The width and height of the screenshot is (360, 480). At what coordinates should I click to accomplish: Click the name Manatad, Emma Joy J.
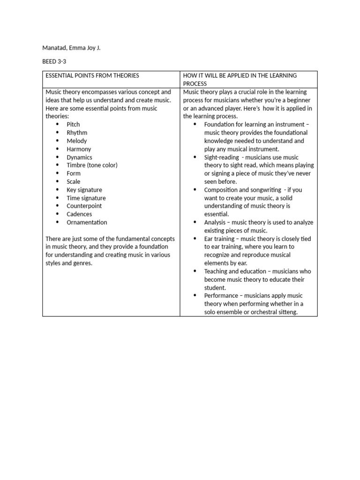click(x=71, y=48)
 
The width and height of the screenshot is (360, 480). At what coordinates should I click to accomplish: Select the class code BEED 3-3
click(x=55, y=61)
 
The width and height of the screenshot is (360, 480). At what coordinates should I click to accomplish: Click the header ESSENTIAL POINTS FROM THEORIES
click(x=92, y=75)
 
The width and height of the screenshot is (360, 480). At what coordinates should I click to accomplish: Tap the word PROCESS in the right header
click(x=195, y=83)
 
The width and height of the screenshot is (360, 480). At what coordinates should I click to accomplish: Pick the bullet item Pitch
click(x=73, y=124)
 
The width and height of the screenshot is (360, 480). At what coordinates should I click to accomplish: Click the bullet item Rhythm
click(x=77, y=133)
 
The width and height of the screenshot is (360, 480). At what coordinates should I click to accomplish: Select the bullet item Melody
click(x=76, y=141)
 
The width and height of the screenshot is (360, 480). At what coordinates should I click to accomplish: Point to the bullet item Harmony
click(x=79, y=149)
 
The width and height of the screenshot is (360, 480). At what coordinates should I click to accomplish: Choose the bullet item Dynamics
click(x=79, y=157)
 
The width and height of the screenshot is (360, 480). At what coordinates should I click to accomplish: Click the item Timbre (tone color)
click(x=92, y=165)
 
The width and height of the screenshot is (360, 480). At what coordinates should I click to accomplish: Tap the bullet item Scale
click(x=74, y=181)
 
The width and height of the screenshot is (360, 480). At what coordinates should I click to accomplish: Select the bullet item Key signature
click(x=84, y=190)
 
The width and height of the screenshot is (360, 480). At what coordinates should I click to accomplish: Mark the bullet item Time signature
click(x=86, y=198)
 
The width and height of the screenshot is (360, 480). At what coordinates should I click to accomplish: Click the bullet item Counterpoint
click(x=84, y=206)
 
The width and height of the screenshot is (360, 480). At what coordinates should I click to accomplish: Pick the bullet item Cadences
click(x=79, y=214)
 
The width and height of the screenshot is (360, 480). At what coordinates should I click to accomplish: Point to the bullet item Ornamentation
click(x=87, y=222)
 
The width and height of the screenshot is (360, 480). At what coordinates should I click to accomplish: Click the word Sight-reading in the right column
click(x=221, y=157)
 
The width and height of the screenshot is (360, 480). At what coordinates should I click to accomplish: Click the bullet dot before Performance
click(x=195, y=296)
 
